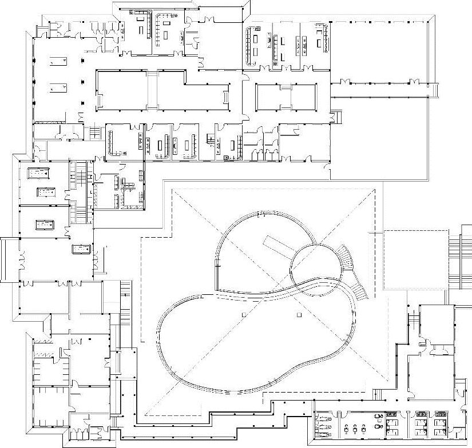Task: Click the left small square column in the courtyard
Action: [243, 315]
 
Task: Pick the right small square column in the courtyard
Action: [298, 314]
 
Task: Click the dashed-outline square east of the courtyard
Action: [415, 259]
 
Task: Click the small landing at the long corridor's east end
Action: [433, 90]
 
